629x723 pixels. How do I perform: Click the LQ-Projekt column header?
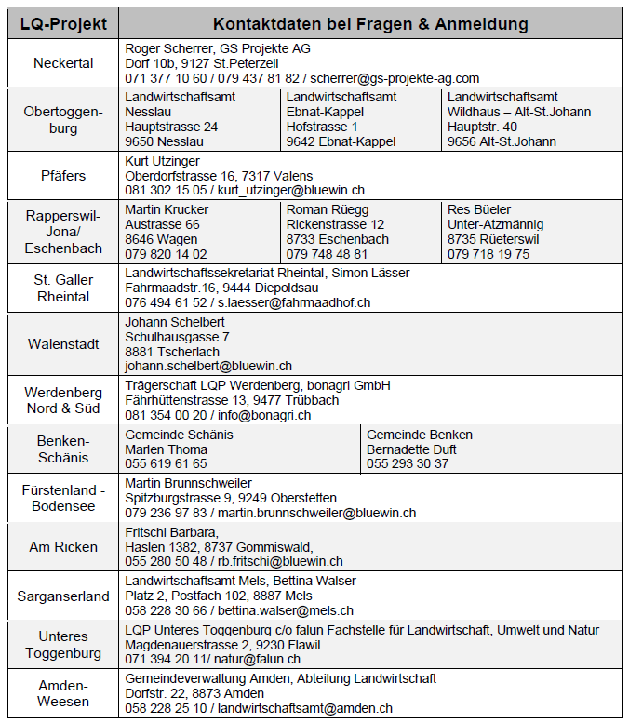click(x=63, y=23)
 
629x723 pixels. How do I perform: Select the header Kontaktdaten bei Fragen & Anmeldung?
click(x=370, y=23)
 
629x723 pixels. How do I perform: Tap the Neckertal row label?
click(x=63, y=63)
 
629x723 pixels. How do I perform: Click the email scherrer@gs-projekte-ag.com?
click(x=395, y=78)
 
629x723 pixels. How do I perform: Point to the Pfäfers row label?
click(x=63, y=175)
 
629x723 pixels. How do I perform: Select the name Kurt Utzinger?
click(x=162, y=160)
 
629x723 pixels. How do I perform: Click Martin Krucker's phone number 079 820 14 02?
click(x=167, y=253)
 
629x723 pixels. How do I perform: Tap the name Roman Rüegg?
click(x=328, y=209)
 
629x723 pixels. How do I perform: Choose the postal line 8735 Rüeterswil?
click(x=488, y=238)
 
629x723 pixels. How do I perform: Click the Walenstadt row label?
click(x=63, y=343)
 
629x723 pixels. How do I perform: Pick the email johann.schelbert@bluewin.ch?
click(x=208, y=366)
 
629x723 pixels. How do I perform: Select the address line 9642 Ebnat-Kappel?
click(x=341, y=141)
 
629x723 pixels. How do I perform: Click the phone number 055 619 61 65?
click(x=167, y=463)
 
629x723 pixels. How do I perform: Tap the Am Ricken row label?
click(x=63, y=547)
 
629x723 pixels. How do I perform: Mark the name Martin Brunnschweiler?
click(x=188, y=483)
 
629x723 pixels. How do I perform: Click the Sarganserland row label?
click(x=63, y=596)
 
